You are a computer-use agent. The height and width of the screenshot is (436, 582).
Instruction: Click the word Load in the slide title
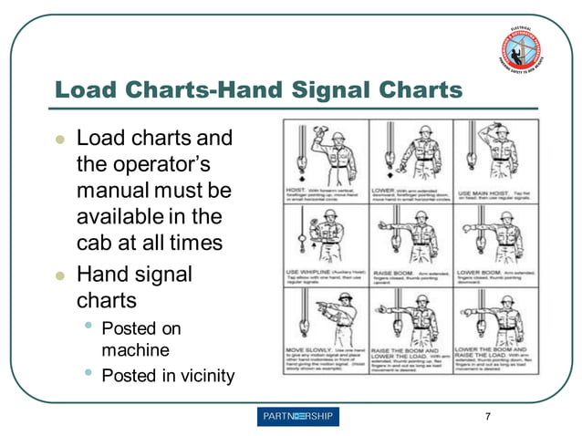88,89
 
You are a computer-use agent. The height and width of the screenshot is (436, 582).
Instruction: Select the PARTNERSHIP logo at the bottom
298,417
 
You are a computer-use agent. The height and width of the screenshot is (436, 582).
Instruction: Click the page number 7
487,417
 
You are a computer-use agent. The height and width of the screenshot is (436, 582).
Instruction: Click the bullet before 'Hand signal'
60,274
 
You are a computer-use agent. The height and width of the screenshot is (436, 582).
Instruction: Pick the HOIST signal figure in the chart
324,151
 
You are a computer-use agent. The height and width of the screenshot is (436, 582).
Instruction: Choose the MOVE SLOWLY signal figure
324,319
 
